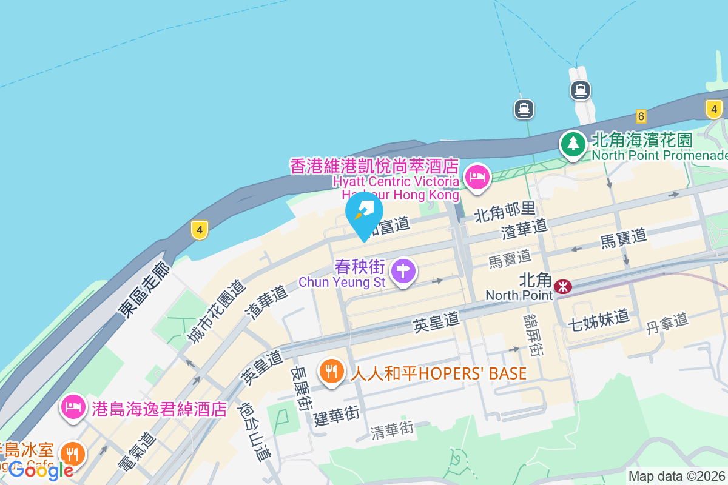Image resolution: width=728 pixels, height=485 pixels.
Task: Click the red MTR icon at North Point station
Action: click(x=563, y=286)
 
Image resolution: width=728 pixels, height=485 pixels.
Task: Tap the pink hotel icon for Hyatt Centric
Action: click(x=477, y=178)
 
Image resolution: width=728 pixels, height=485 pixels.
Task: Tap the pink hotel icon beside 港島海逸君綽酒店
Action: click(x=73, y=407)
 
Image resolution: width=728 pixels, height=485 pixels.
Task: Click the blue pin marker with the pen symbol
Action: click(x=364, y=213)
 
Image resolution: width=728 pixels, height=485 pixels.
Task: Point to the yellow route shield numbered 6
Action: click(x=641, y=116)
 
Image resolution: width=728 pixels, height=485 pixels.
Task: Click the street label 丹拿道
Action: click(x=667, y=323)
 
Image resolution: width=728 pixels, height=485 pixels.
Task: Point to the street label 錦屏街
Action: click(x=534, y=335)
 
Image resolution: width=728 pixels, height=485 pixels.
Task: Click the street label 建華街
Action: click(x=337, y=415)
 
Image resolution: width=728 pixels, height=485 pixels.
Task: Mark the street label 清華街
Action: click(x=393, y=430)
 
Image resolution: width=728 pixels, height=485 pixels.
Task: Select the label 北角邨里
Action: click(x=505, y=210)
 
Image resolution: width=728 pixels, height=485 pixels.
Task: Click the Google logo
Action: click(x=41, y=470)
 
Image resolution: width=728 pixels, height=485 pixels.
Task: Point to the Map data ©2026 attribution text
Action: click(x=677, y=477)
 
